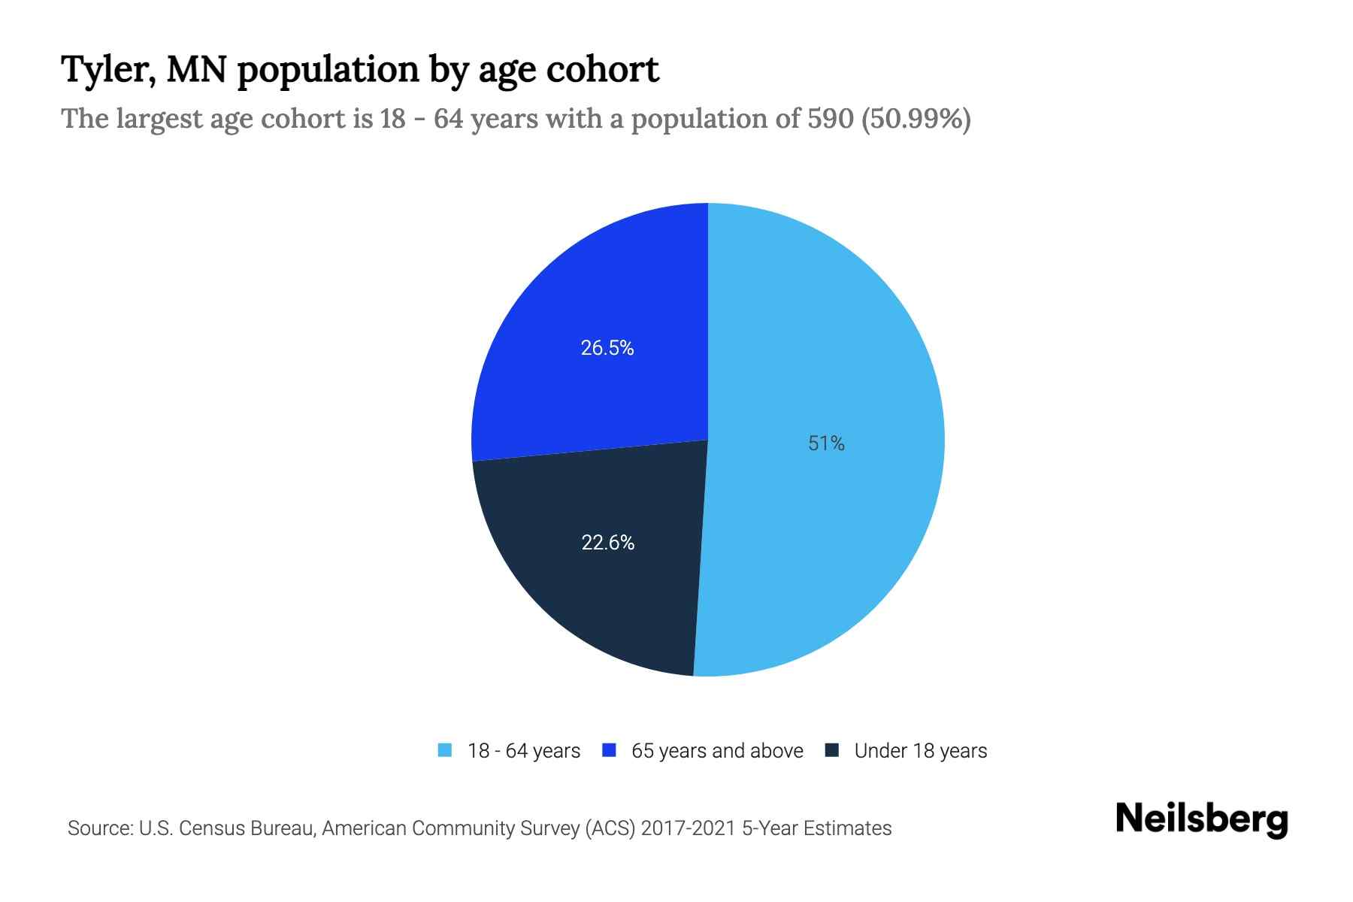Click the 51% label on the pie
pyautogui.click(x=826, y=443)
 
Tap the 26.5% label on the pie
pyautogui.click(x=607, y=348)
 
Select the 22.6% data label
pyautogui.click(x=607, y=542)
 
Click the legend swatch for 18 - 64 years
pyautogui.click(x=445, y=750)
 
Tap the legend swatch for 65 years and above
pyautogui.click(x=610, y=750)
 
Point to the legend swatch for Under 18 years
pyautogui.click(x=832, y=750)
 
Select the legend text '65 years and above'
pyautogui.click(x=717, y=751)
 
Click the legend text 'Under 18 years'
pyautogui.click(x=921, y=751)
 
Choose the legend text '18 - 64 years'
pyautogui.click(x=524, y=751)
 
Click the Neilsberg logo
pyautogui.click(x=1201, y=819)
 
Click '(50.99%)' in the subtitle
pyautogui.click(x=916, y=119)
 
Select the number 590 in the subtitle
pyautogui.click(x=830, y=119)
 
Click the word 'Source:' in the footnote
pyautogui.click(x=100, y=828)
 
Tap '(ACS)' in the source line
pyautogui.click(x=610, y=828)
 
